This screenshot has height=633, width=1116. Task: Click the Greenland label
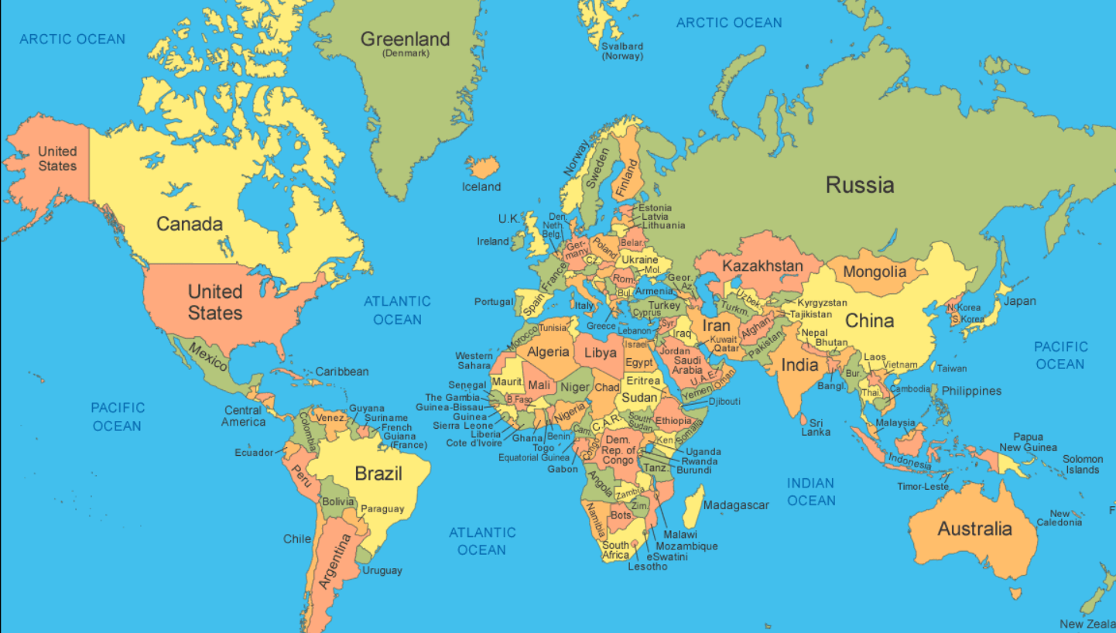(405, 39)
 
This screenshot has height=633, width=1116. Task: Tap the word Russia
(859, 185)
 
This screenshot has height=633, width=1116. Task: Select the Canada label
(190, 224)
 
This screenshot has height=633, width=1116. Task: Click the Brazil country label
(378, 474)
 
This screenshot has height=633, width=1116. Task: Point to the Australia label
(974, 529)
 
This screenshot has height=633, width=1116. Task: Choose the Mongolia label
(874, 272)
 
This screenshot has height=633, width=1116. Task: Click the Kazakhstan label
(762, 266)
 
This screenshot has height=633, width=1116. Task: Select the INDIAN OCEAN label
(811, 491)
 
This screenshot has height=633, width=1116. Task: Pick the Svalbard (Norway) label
(622, 51)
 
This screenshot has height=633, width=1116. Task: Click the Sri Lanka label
(816, 427)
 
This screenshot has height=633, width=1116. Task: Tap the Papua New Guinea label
(1027, 442)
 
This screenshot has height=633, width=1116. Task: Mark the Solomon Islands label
(1082, 464)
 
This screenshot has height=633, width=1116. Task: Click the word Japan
(1019, 301)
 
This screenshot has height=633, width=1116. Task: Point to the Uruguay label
(382, 570)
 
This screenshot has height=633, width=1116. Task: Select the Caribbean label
(342, 371)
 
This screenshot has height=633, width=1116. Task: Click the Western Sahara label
(473, 361)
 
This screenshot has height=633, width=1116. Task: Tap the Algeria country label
(548, 352)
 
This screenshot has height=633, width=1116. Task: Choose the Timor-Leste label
(923, 487)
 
